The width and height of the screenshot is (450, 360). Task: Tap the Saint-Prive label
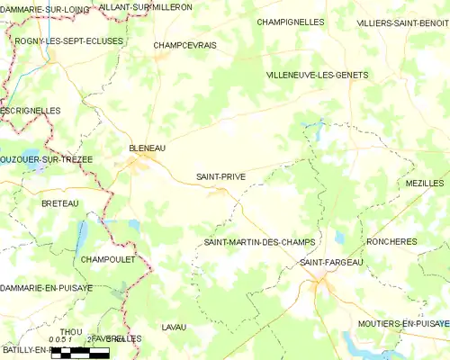pos(221,177)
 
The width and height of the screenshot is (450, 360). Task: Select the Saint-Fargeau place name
pos(330,262)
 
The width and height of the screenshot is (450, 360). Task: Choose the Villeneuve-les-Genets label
pos(318,76)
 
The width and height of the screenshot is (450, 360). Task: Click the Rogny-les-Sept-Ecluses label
pos(68,41)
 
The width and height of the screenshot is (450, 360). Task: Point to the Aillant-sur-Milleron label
pos(145,6)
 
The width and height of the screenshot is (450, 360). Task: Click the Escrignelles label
pos(31,111)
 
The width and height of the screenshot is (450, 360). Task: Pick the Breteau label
pos(60,204)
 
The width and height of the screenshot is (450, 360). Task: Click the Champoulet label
pos(107,259)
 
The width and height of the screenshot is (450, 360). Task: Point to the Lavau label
pos(174,327)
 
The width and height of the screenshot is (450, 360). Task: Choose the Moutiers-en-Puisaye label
pos(403,322)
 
